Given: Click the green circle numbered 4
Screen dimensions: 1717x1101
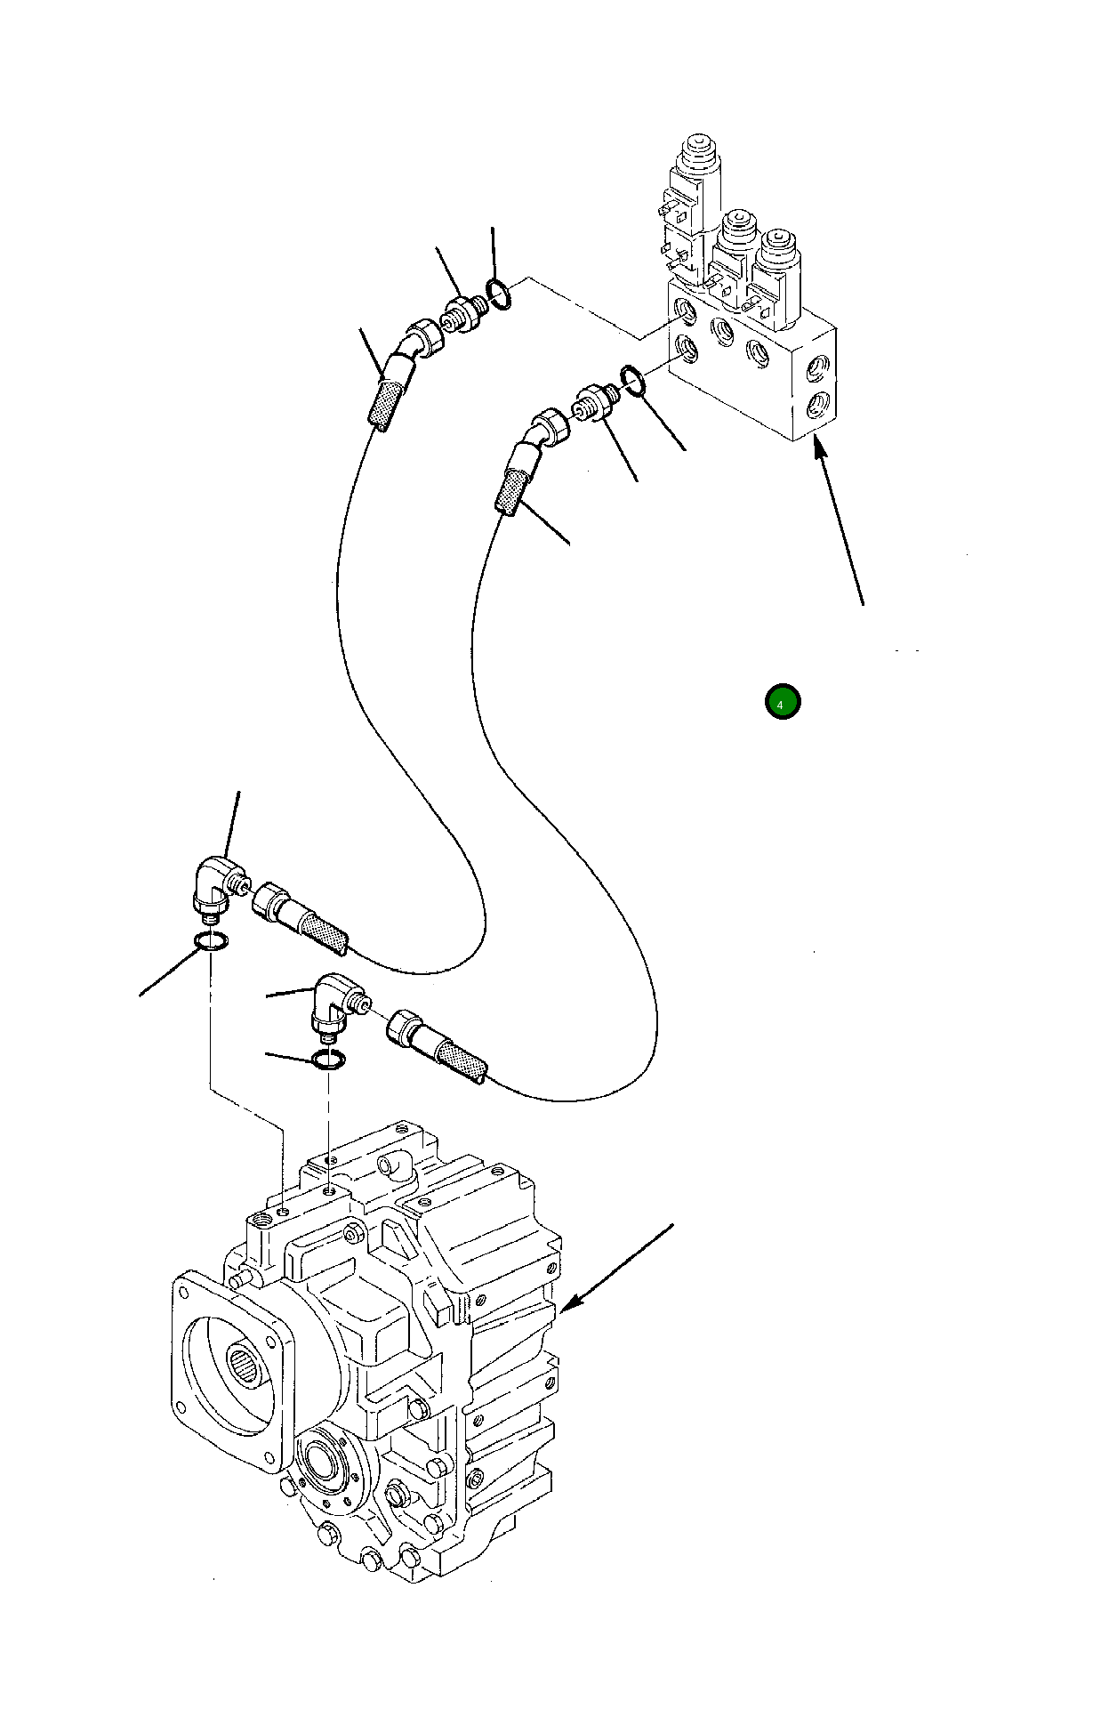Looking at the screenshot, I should coord(783,702).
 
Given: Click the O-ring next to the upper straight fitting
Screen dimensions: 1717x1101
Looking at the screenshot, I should coord(499,294).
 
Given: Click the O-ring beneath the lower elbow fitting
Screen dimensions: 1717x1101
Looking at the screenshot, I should coord(328,1060).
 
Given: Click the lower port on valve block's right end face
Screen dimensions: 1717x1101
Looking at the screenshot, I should coord(816,406).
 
